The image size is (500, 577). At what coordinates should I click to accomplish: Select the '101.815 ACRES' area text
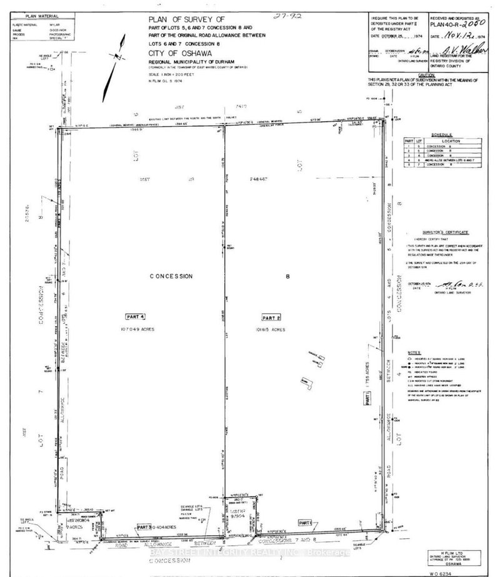(x=272, y=328)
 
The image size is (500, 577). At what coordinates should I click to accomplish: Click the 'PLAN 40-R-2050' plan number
(x=459, y=25)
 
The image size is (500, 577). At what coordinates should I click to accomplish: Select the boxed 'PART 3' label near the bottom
(x=145, y=527)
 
